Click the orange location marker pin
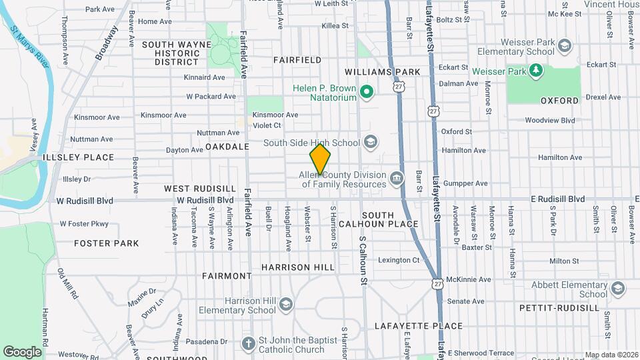pyautogui.click(x=320, y=159)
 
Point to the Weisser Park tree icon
pyautogui.click(x=535, y=71)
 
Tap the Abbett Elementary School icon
pyautogui.click(x=617, y=288)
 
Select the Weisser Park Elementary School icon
pyautogui.click(x=565, y=46)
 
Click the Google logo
pyautogui.click(x=22, y=351)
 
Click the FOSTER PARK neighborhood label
pyautogui.click(x=107, y=243)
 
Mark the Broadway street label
pyautogui.click(x=107, y=43)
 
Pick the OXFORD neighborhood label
pyautogui.click(x=559, y=101)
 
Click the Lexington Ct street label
pyautogui.click(x=399, y=260)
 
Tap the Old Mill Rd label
pyautogui.click(x=68, y=283)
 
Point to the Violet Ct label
pyautogui.click(x=267, y=125)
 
